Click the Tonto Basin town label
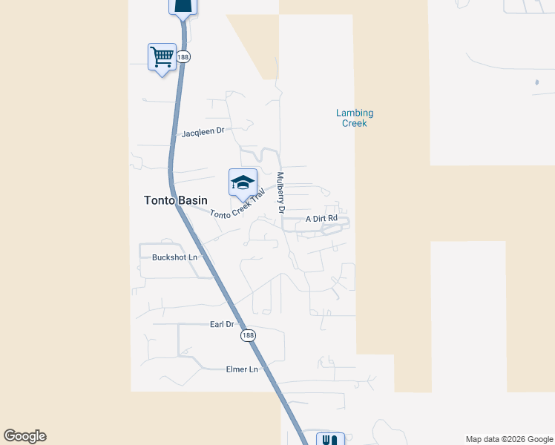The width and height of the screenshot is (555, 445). [170, 200]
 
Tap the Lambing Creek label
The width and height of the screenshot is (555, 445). [355, 118]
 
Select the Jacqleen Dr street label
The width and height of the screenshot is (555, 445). [203, 131]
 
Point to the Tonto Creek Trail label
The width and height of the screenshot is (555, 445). [237, 203]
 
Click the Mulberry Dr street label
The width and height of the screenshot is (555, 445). [280, 193]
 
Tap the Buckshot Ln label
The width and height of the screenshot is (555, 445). [174, 257]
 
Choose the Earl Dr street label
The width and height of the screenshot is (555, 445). [222, 325]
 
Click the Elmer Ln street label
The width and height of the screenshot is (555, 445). [243, 369]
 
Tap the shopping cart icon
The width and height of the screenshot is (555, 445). [162, 56]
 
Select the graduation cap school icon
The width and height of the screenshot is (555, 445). [242, 182]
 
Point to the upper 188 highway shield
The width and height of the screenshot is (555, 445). [184, 56]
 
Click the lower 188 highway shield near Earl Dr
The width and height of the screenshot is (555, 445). [248, 336]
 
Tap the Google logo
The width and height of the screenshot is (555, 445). [24, 436]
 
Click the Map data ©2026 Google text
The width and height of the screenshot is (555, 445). [508, 439]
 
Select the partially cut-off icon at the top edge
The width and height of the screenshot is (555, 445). [183, 7]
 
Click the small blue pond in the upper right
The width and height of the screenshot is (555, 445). [536, 82]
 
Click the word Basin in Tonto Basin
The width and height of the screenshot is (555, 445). [192, 200]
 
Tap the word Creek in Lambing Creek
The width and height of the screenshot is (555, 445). [355, 123]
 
